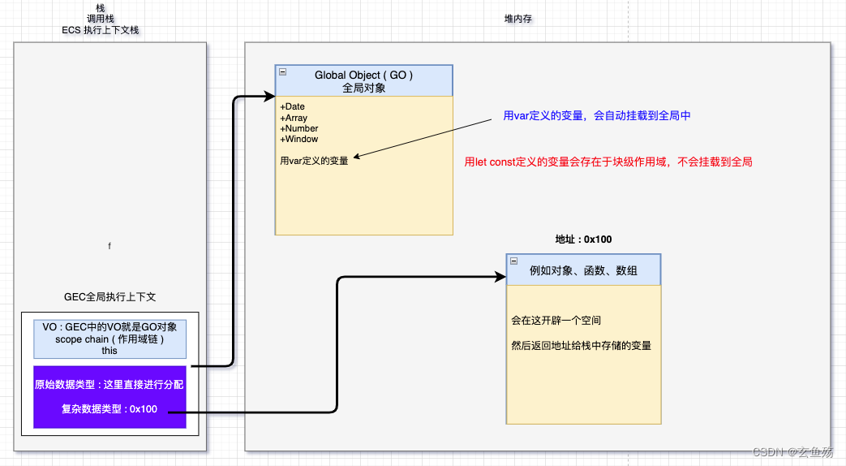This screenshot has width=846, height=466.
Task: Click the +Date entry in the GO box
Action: click(293, 106)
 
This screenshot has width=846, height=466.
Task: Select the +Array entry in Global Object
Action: click(294, 118)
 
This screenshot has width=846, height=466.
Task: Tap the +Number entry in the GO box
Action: click(299, 128)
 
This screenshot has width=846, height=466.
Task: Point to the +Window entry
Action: click(299, 139)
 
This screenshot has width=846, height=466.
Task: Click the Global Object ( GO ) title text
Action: click(364, 75)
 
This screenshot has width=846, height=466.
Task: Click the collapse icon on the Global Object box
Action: click(282, 71)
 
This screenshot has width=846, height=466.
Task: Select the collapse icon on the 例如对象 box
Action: click(513, 261)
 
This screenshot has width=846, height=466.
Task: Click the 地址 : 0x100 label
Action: click(583, 239)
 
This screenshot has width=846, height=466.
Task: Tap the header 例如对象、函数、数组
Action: click(583, 270)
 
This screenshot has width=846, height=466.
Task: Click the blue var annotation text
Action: click(596, 116)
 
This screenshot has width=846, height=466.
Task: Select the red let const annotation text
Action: click(608, 162)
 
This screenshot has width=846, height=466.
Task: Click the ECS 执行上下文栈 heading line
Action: click(101, 30)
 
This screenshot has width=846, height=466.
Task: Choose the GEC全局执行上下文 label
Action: click(110, 297)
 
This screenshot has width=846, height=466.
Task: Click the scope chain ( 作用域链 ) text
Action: click(110, 339)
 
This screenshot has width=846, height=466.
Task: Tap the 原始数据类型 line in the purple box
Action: click(110, 384)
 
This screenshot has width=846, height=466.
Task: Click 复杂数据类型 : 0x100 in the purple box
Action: click(110, 408)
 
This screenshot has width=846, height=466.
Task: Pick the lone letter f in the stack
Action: click(110, 245)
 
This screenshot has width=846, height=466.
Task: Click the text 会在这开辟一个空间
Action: click(556, 321)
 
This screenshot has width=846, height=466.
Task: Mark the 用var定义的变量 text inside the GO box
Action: click(314, 161)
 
